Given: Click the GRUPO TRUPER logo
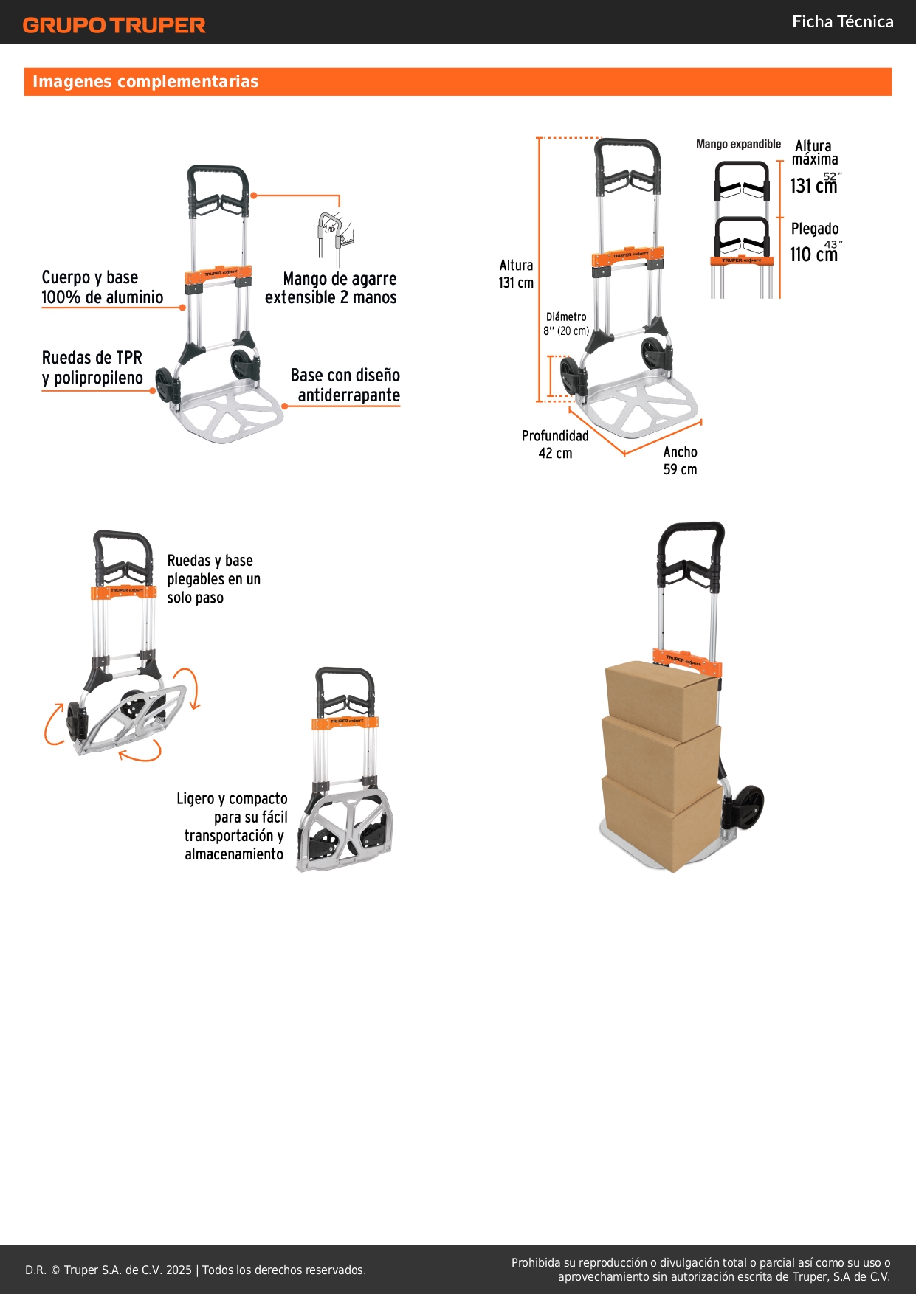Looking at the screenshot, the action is (114, 25).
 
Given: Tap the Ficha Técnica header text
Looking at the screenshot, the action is (842, 21).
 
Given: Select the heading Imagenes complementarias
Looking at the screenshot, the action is (145, 81).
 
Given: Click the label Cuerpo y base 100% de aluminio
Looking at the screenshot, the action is (103, 287).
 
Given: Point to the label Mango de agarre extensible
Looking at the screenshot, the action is (331, 288).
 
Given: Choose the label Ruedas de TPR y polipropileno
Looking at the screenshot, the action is (92, 368).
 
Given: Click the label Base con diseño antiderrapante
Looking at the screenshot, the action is (345, 385).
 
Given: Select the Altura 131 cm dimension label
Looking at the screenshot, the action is (516, 274).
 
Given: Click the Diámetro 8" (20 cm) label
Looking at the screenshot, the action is (566, 324).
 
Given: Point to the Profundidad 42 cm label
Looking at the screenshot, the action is (555, 444).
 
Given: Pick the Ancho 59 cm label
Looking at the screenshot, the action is (680, 460).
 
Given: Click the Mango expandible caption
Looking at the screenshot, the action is (738, 144).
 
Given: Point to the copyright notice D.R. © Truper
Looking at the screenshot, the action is (196, 1270).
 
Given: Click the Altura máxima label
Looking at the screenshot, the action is (815, 153).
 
